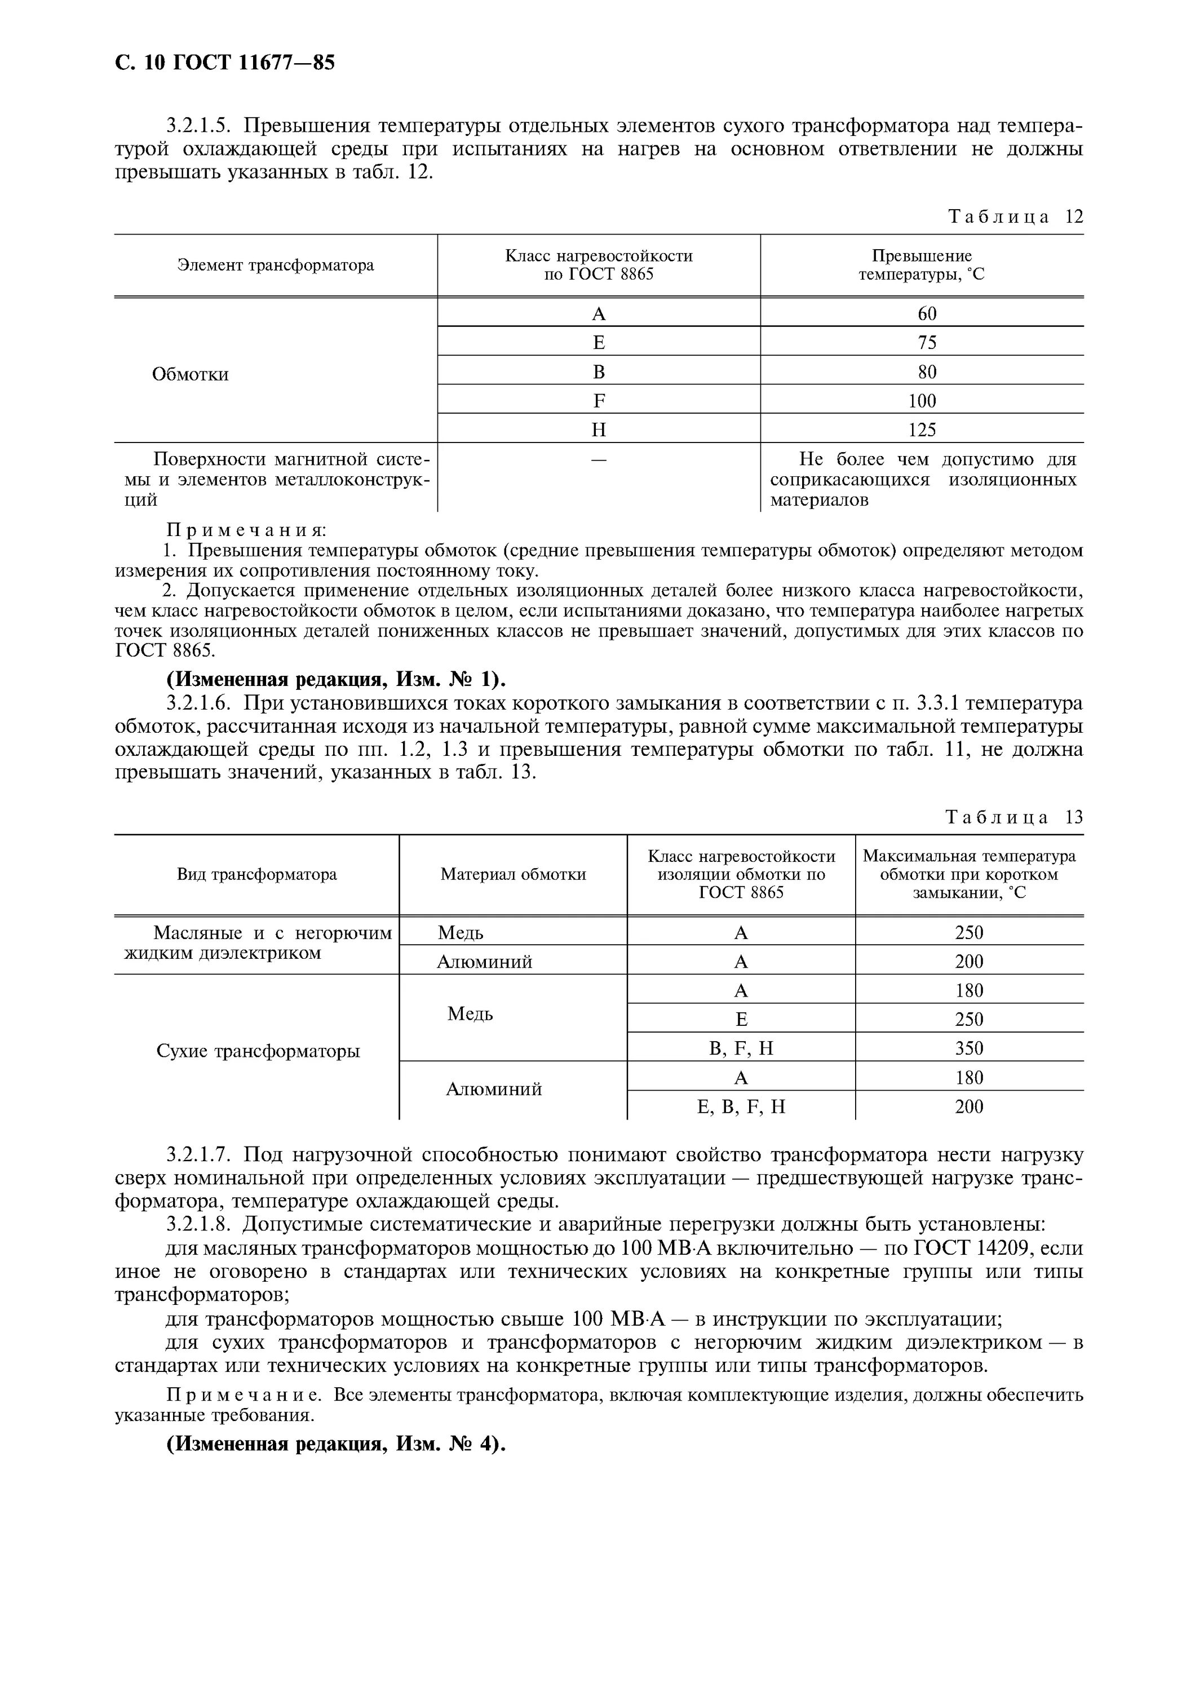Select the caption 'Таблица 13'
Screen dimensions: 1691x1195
tap(1014, 817)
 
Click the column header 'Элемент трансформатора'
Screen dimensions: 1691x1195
tap(276, 265)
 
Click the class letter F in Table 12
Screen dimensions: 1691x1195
tap(599, 401)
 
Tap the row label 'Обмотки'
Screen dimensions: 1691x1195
tap(190, 374)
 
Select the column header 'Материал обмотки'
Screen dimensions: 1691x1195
tap(513, 874)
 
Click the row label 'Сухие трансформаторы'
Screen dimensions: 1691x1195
tap(258, 1051)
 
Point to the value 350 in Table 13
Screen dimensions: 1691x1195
tap(969, 1048)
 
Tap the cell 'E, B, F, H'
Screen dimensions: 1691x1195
tap(741, 1106)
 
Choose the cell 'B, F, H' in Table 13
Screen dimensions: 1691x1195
tap(741, 1048)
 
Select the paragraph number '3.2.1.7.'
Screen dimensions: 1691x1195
tap(201, 1154)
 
